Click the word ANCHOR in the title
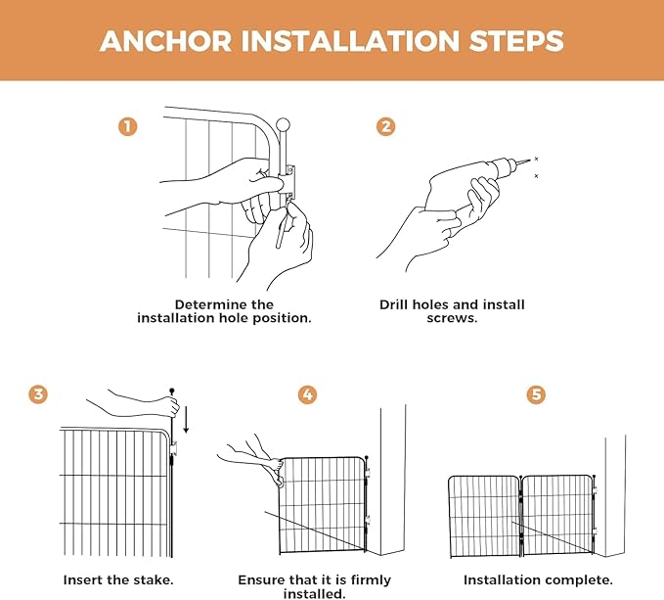[165, 41]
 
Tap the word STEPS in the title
[516, 41]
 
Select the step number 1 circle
[128, 126]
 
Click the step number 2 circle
[385, 126]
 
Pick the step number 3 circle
[38, 394]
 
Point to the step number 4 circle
[307, 394]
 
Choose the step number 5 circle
[536, 394]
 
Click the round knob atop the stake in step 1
[283, 125]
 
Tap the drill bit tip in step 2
[530, 160]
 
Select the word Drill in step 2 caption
[394, 304]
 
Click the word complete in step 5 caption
[584, 580]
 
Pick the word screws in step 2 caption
[452, 318]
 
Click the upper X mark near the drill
[536, 159]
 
